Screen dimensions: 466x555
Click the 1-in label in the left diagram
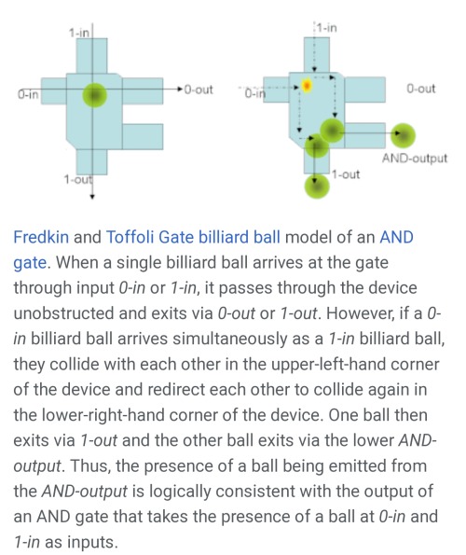click(x=79, y=33)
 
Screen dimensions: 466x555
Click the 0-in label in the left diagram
click(x=28, y=94)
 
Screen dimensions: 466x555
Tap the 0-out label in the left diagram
click(x=199, y=90)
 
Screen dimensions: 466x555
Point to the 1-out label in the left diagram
click(x=78, y=179)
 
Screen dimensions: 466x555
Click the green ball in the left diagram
click(x=94, y=95)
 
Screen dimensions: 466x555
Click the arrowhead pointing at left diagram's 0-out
click(x=180, y=89)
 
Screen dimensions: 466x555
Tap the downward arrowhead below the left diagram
click(x=92, y=196)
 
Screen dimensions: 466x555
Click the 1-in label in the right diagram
click(x=326, y=27)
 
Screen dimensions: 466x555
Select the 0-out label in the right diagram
click(x=420, y=88)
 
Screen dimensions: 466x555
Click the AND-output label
click(x=415, y=158)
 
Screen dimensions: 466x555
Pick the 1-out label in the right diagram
click(x=346, y=174)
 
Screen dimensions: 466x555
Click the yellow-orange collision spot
click(x=307, y=85)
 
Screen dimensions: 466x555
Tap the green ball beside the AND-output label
click(x=403, y=135)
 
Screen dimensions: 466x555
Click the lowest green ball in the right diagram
click(x=317, y=186)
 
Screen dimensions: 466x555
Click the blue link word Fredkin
click(x=41, y=237)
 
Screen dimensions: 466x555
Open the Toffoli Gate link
click(x=150, y=237)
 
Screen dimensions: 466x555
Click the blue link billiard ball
click(x=239, y=237)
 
